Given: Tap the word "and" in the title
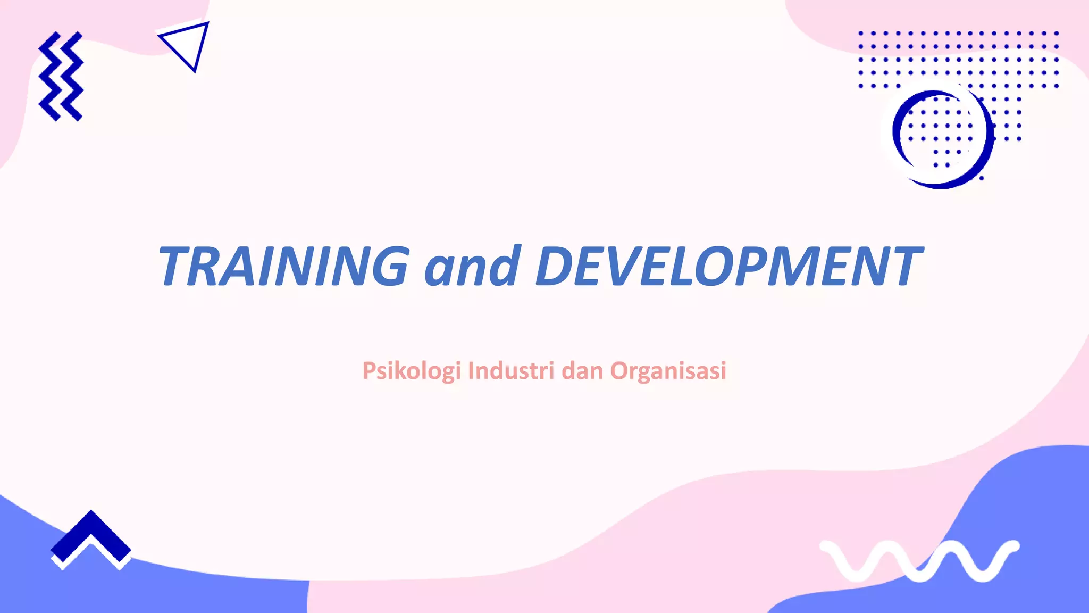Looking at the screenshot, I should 472,266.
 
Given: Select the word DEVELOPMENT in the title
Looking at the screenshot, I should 728,266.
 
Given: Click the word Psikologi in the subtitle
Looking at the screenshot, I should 411,371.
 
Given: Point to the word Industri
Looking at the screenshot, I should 511,371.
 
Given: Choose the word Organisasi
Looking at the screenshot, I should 668,371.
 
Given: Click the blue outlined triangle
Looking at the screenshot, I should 187,45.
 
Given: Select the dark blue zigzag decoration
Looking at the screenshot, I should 61,76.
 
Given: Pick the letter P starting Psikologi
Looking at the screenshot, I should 369,371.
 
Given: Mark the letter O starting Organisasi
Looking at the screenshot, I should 621,371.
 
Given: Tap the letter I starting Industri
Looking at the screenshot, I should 471,371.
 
